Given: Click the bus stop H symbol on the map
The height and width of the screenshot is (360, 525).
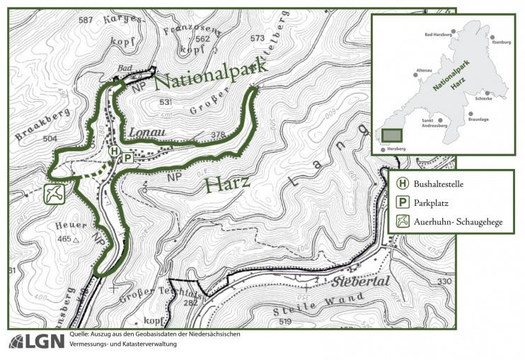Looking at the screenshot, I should [115, 151].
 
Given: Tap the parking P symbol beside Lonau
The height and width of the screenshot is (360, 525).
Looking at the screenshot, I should [127, 158].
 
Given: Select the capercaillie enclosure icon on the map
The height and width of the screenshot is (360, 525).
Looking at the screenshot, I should [54, 193].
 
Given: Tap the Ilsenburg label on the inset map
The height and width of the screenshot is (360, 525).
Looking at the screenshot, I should [500, 42].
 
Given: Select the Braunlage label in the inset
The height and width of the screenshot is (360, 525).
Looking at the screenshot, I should [478, 120].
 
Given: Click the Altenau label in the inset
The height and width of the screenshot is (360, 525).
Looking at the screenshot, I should [424, 71].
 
